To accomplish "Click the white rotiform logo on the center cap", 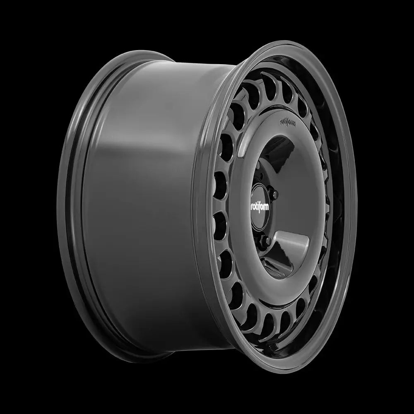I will (261, 205).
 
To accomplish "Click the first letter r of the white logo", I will (252, 206).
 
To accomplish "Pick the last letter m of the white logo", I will (270, 206).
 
